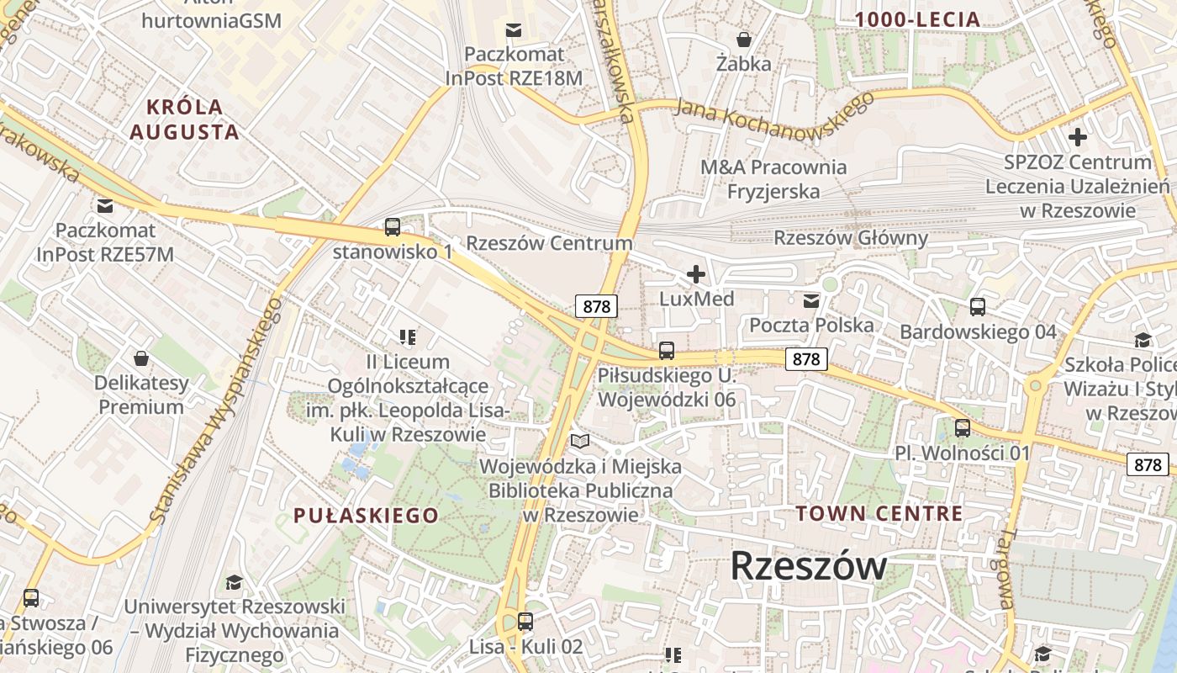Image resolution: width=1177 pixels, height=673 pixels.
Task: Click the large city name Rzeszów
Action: coord(808,565)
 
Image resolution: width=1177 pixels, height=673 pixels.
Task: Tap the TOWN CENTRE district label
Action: coord(879,513)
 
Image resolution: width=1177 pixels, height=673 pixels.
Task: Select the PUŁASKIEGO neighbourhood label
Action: coord(366,516)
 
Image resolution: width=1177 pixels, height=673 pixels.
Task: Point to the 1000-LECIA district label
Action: coord(917,19)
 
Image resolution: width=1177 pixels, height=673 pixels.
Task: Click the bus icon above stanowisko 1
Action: coord(393,226)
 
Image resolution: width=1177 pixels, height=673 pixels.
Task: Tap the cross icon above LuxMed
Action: coord(696,274)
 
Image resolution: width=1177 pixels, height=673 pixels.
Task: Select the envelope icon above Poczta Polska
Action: coord(811,301)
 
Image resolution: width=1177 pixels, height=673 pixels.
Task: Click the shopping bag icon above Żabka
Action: coord(744,40)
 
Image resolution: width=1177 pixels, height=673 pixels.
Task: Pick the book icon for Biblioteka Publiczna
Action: coord(580,441)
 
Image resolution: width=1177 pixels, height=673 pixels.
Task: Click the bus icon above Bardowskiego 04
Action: coord(978,307)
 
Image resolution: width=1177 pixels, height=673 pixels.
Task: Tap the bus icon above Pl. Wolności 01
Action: coord(963,428)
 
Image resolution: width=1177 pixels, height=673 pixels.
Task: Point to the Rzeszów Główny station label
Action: coord(850,238)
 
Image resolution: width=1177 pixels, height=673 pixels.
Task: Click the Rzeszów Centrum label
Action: coord(548,243)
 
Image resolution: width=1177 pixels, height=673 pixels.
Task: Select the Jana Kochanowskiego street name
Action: coord(774,109)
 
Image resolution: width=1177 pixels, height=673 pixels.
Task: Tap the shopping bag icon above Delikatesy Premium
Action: coord(141,358)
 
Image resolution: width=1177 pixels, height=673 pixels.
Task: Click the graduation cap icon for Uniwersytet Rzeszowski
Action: coord(234,582)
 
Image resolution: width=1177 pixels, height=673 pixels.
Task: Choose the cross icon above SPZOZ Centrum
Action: coord(1077,137)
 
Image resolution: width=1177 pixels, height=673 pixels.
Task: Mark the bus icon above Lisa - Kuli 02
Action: coord(525,622)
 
